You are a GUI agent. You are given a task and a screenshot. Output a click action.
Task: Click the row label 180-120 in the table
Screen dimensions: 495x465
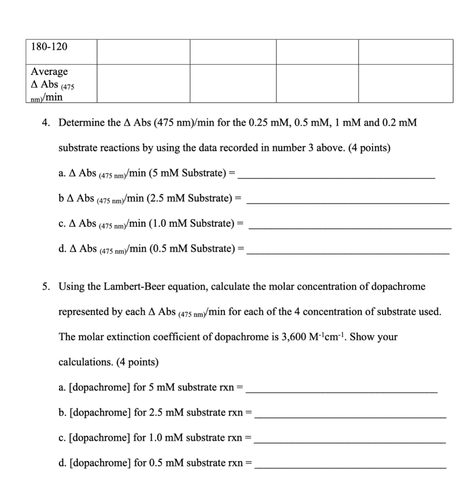click(x=49, y=47)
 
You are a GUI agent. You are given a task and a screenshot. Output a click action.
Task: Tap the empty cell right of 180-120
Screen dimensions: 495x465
click(x=143, y=51)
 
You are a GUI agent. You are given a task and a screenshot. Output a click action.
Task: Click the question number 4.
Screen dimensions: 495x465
click(x=45, y=123)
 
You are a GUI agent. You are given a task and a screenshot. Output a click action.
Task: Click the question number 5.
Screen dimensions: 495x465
click(x=45, y=287)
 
